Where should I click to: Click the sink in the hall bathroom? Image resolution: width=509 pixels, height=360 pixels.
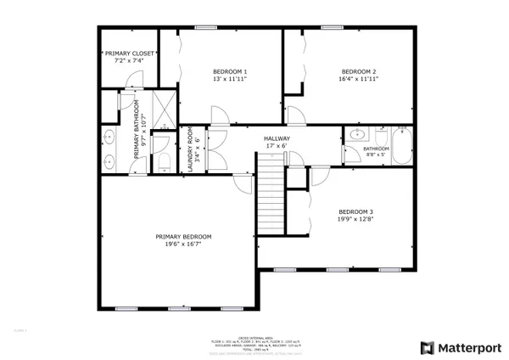(356, 134)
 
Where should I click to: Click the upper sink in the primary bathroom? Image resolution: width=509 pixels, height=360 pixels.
(109, 136)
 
